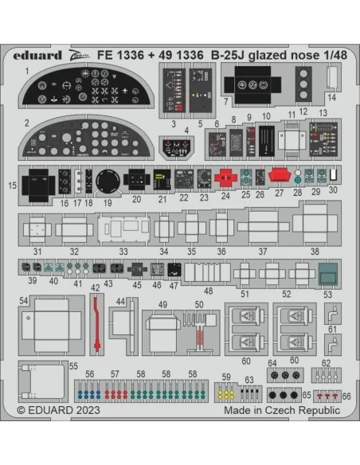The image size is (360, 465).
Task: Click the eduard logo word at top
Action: click(37, 56)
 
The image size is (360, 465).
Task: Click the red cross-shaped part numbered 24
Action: click(225, 178)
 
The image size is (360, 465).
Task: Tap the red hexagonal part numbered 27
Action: click(280, 174)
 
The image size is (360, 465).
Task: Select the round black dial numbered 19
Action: click(108, 181)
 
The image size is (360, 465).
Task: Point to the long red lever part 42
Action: click(96, 324)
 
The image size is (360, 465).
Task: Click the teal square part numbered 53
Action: click(327, 273)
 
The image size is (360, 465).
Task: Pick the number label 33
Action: click(123, 252)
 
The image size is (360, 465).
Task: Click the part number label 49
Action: click(162, 305)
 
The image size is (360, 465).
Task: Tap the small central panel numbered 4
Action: click(177, 147)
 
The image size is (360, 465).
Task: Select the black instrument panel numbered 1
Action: click(86, 86)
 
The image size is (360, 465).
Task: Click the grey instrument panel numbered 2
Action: click(86, 137)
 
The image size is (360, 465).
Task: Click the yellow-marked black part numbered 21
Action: click(162, 180)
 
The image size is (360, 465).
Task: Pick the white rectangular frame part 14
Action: click(332, 76)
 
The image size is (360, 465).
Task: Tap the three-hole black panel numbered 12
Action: click(303, 84)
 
